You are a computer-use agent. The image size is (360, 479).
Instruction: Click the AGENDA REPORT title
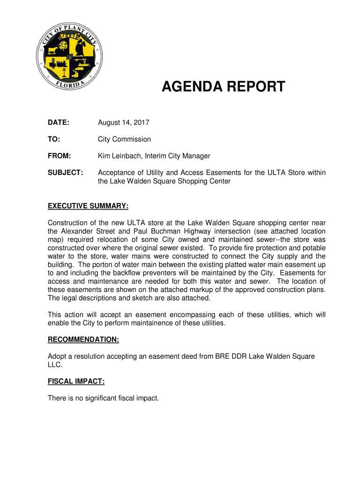point(223,87)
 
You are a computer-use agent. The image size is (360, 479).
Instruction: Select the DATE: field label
point(58,123)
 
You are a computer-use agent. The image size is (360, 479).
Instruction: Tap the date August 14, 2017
point(123,123)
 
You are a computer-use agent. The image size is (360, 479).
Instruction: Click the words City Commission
point(124,139)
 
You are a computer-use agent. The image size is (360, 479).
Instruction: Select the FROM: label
point(59,156)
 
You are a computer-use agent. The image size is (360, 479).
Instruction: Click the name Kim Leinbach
point(119,156)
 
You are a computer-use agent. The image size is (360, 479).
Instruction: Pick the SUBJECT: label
point(65,173)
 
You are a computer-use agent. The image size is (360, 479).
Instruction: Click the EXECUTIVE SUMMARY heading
point(88,206)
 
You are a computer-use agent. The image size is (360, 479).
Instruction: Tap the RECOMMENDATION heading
point(83,340)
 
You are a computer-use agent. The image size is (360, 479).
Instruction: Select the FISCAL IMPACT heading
point(76,382)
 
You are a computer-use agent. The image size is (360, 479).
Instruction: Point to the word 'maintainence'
point(156,323)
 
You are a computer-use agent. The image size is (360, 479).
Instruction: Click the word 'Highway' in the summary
point(198,231)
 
